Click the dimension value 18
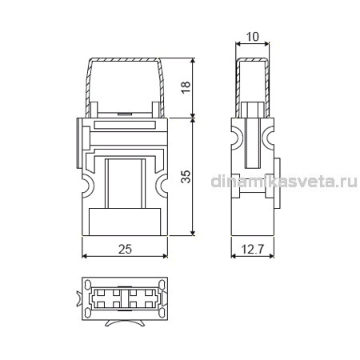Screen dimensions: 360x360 tap(186, 87)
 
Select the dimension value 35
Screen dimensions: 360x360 tap(186, 176)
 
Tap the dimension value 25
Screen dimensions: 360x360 tap(125, 249)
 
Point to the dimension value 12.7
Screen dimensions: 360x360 tap(252, 250)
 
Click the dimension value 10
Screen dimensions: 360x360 tap(252, 37)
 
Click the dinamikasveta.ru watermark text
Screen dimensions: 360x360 tap(284, 182)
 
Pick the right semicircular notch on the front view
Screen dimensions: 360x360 tap(161, 186)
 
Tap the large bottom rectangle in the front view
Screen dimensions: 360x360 tap(125, 222)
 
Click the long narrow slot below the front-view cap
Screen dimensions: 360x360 tap(125, 125)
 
